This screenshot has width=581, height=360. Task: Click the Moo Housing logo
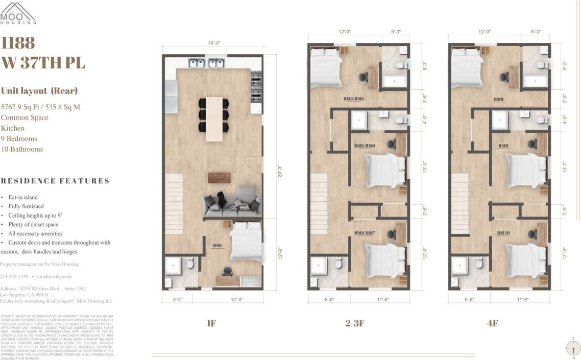[x=18, y=13]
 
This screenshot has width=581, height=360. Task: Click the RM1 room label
[x=217, y=246]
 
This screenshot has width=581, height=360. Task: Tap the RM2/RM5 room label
[x=353, y=99]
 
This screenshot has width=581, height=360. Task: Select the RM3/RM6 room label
[x=365, y=146]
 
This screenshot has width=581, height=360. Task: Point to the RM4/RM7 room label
[x=365, y=233]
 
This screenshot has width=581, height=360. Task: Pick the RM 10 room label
[x=504, y=233]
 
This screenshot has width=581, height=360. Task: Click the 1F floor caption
[x=211, y=323]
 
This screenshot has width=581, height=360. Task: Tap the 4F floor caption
[x=492, y=323]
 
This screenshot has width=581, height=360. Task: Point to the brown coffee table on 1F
[x=219, y=177]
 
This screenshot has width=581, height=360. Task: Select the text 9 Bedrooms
[x=19, y=138]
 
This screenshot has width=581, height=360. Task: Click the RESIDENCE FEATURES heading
[x=55, y=181]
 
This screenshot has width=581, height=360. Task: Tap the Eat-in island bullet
[x=23, y=197]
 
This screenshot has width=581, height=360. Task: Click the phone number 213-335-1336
[x=14, y=276]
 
